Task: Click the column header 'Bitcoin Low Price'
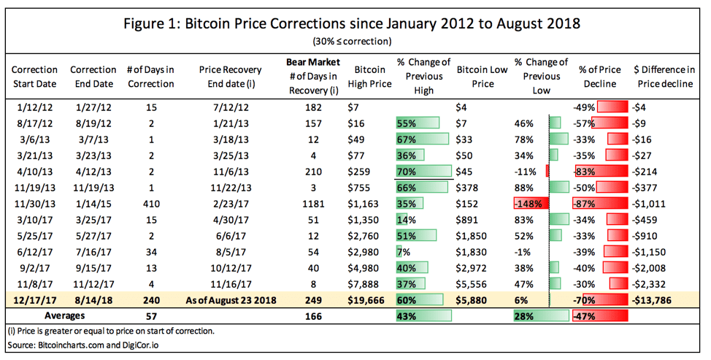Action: [483, 77]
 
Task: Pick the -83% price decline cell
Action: [583, 171]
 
